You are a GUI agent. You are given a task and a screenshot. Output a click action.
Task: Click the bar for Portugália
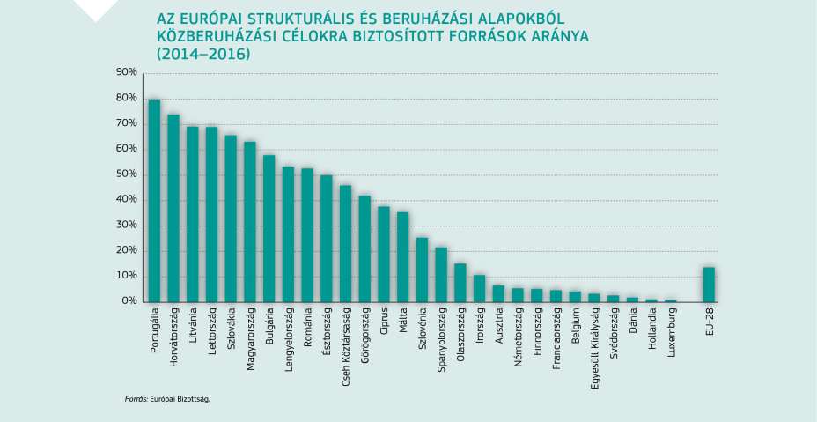[154, 201]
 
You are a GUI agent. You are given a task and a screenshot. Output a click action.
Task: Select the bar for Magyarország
[250, 222]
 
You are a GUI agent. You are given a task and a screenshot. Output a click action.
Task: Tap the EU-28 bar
[709, 285]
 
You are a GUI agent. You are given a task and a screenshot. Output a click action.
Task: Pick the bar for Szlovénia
[423, 270]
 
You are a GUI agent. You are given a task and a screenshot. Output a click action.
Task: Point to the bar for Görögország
[364, 248]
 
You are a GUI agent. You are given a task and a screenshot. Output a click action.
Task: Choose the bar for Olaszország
[460, 283]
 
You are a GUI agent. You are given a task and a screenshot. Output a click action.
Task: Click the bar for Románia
[307, 235]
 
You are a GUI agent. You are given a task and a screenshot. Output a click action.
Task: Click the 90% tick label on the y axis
[126, 72]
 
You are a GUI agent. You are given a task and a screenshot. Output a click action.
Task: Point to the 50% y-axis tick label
[126, 174]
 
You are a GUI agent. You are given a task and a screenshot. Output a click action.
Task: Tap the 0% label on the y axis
[129, 301]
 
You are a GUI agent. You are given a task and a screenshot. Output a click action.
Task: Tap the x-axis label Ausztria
[499, 326]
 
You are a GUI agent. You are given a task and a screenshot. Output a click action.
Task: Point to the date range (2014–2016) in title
[203, 54]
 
